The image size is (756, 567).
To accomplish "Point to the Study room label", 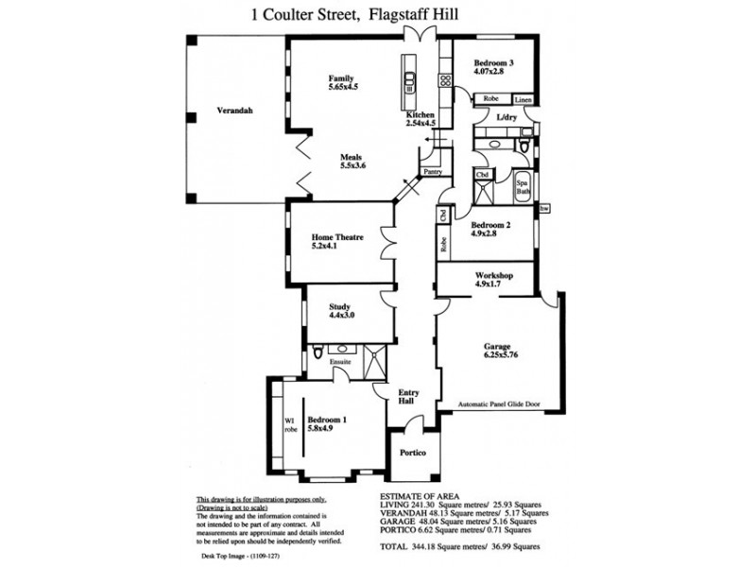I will (x=340, y=306).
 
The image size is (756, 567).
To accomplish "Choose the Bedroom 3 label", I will (x=493, y=62).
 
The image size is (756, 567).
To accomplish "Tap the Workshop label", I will (x=493, y=276).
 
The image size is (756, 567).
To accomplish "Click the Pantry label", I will (x=433, y=172).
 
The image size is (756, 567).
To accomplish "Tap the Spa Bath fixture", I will (x=523, y=187).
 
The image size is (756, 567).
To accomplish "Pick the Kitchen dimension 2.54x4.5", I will (x=420, y=123).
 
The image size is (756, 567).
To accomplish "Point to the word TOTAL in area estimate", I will (x=395, y=547).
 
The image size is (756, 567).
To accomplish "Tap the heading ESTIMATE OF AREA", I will (x=421, y=494).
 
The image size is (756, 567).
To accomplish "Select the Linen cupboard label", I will (x=524, y=99).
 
